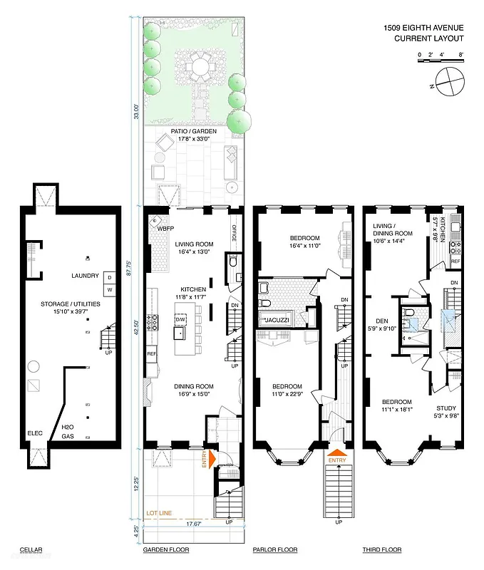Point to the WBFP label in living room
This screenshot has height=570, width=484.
tap(166, 229)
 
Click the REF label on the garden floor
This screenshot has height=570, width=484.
tap(151, 353)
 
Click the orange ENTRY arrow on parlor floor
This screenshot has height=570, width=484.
tap(338, 452)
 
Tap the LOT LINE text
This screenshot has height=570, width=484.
tap(160, 513)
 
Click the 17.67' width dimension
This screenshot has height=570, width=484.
tap(194, 524)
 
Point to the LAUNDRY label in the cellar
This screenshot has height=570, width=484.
tap(85, 276)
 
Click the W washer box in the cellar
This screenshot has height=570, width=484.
tap(110, 290)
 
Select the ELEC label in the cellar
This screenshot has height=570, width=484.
tap(35, 433)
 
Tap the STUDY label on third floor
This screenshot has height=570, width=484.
tap(446, 388)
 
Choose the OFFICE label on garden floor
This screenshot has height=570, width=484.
tap(233, 233)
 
